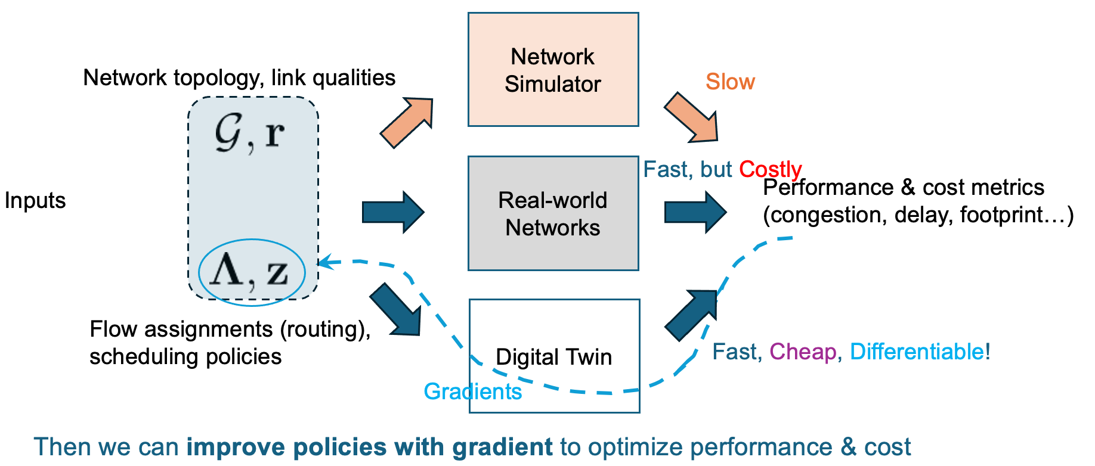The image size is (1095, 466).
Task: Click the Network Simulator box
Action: click(x=553, y=70)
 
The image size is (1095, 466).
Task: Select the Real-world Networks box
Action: click(x=553, y=213)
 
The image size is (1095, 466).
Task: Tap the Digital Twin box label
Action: click(x=553, y=357)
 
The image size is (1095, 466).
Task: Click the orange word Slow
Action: click(x=730, y=82)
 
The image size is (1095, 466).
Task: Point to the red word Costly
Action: click(x=770, y=169)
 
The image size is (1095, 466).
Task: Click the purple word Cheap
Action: click(x=803, y=352)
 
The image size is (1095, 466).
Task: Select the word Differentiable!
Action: click(x=920, y=352)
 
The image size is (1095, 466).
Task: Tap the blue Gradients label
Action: click(x=472, y=392)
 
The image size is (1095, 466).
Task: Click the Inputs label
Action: click(x=35, y=201)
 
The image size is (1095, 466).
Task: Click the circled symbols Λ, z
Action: click(x=251, y=272)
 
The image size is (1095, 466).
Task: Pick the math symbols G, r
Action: click(x=250, y=133)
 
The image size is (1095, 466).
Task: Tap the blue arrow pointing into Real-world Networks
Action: click(x=393, y=212)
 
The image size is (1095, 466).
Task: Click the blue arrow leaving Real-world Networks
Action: click(x=695, y=212)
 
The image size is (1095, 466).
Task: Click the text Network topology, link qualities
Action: click(x=239, y=78)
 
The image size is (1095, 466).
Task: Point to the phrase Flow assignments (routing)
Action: click(x=230, y=330)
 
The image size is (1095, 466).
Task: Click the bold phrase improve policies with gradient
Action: click(x=369, y=447)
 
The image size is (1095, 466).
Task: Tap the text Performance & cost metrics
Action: click(x=903, y=188)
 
